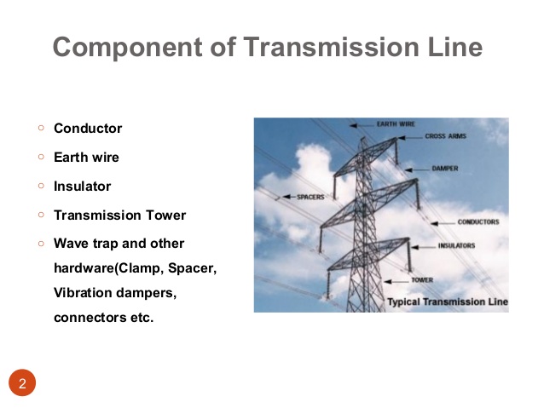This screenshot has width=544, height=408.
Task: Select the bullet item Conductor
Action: tap(88, 129)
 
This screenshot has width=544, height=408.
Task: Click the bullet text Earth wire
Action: tap(86, 158)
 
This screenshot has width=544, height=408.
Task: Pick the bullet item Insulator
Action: tap(82, 186)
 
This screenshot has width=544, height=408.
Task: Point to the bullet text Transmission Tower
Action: tap(119, 215)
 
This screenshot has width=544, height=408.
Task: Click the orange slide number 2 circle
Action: tap(23, 383)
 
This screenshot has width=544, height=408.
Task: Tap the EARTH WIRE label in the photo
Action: tap(396, 124)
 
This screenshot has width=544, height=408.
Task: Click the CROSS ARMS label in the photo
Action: tap(445, 135)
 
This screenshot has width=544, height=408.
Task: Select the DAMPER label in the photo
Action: tap(445, 169)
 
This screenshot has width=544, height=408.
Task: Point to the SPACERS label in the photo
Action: tap(310, 197)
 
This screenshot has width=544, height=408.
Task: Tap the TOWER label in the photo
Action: tap(421, 279)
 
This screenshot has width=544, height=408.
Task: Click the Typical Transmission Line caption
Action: tap(447, 302)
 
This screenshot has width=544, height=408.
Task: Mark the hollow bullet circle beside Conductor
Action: tap(40, 129)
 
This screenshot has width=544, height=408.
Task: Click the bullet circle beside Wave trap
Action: tap(40, 244)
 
